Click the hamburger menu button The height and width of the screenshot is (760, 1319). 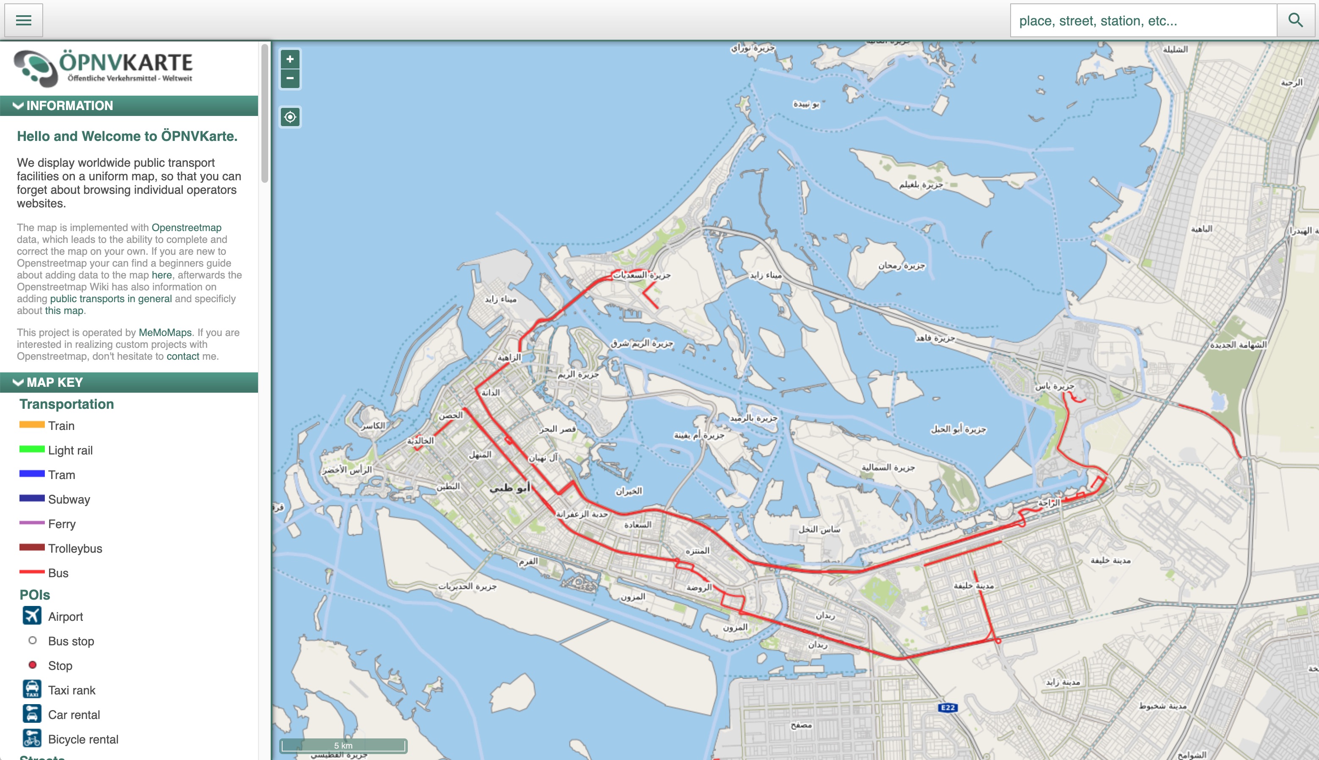pyautogui.click(x=24, y=20)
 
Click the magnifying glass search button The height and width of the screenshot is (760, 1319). pyautogui.click(x=1295, y=20)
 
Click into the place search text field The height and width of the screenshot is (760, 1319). pyautogui.click(x=1143, y=21)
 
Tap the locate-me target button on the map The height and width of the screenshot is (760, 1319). pyautogui.click(x=290, y=117)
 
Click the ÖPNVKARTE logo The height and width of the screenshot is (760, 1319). pyautogui.click(x=103, y=68)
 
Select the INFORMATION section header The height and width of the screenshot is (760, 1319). pyautogui.click(x=129, y=105)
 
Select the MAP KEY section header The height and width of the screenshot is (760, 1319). pyautogui.click(x=129, y=382)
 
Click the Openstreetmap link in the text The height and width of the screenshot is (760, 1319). pyautogui.click(x=186, y=228)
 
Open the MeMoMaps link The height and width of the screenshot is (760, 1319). pyautogui.click(x=165, y=333)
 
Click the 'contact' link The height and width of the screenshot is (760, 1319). pyautogui.click(x=183, y=356)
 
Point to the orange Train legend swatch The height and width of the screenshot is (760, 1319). pyautogui.click(x=32, y=425)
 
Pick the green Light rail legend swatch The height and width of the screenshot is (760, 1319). pyautogui.click(x=32, y=449)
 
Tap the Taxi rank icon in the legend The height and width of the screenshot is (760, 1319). pyautogui.click(x=32, y=689)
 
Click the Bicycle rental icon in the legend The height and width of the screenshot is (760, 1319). pyautogui.click(x=32, y=738)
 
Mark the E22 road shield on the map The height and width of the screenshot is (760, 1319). pyautogui.click(x=948, y=708)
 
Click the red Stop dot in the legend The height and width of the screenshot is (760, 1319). pyautogui.click(x=32, y=665)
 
